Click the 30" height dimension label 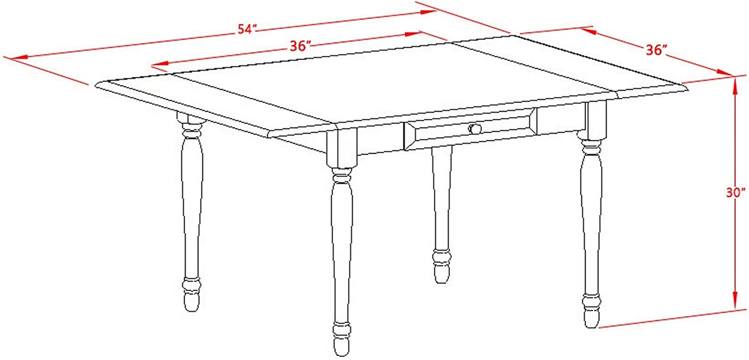736,193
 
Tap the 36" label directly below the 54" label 300,46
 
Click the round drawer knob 475,128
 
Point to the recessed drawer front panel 470,129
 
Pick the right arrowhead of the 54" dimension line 428,12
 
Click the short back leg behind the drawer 441,214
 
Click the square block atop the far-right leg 596,120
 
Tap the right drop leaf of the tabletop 568,67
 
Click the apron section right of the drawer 561,120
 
